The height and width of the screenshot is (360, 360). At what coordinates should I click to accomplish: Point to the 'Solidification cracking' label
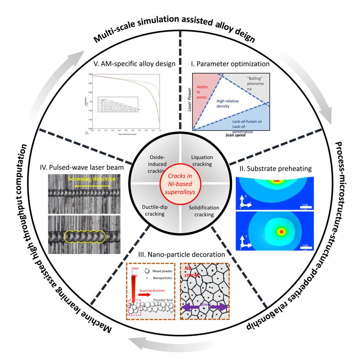pos(204,211)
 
